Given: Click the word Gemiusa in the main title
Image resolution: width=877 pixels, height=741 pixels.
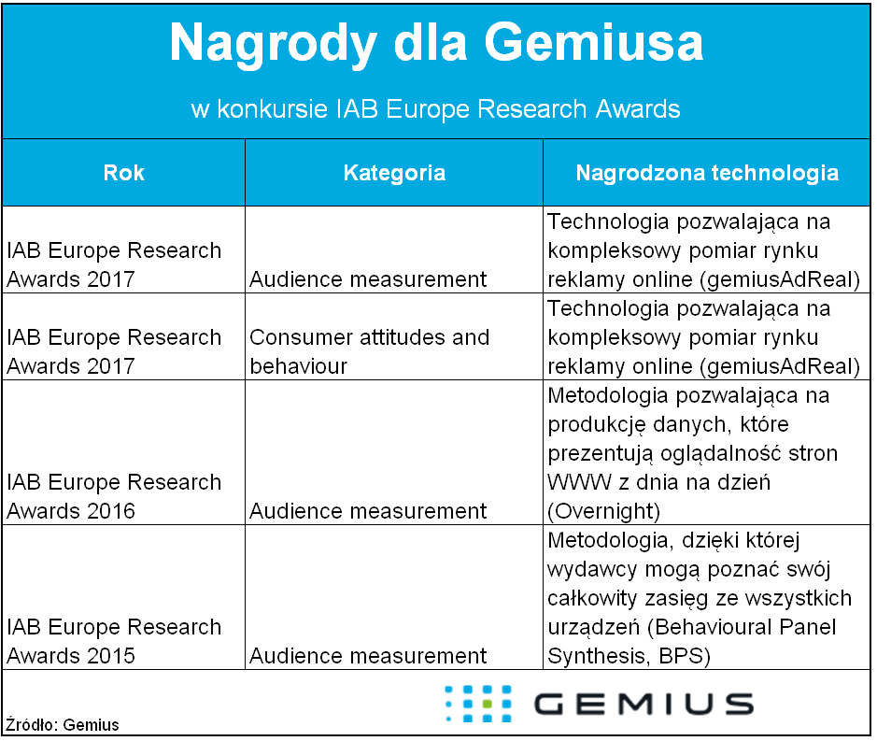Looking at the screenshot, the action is [x=593, y=43].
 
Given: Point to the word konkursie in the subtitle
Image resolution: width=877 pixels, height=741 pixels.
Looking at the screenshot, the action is [x=273, y=108].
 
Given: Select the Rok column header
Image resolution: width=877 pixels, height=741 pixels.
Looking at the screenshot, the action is [x=124, y=173].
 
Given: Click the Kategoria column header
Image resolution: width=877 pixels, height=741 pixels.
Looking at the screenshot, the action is [x=394, y=173].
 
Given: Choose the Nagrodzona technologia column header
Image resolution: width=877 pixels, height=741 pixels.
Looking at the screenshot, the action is [x=708, y=173].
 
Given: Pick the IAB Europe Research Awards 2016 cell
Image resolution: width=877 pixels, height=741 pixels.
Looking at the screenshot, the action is [x=114, y=496].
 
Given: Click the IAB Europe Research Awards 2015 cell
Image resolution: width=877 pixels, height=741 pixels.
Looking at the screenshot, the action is [x=114, y=641].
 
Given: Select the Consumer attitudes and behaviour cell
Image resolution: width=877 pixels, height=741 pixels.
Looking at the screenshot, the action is [x=369, y=351].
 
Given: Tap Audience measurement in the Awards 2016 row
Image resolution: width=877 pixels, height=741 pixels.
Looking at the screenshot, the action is [x=368, y=511].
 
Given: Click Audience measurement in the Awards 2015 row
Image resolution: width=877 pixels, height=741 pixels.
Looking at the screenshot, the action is [x=368, y=656].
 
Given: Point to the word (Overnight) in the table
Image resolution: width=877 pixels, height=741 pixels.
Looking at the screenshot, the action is [x=604, y=511].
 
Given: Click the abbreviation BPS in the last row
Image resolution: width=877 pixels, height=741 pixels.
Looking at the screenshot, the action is [x=685, y=656].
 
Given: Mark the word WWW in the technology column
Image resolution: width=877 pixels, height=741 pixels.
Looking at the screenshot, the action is [x=579, y=482].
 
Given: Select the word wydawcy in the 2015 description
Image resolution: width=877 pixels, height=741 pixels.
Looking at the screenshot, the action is [x=592, y=570].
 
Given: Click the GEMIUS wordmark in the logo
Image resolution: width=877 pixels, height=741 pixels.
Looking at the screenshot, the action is [x=644, y=704].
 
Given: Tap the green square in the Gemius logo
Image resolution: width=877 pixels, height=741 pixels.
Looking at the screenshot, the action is [x=488, y=704].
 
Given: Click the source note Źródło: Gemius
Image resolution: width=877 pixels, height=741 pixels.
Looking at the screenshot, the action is [x=63, y=725].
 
